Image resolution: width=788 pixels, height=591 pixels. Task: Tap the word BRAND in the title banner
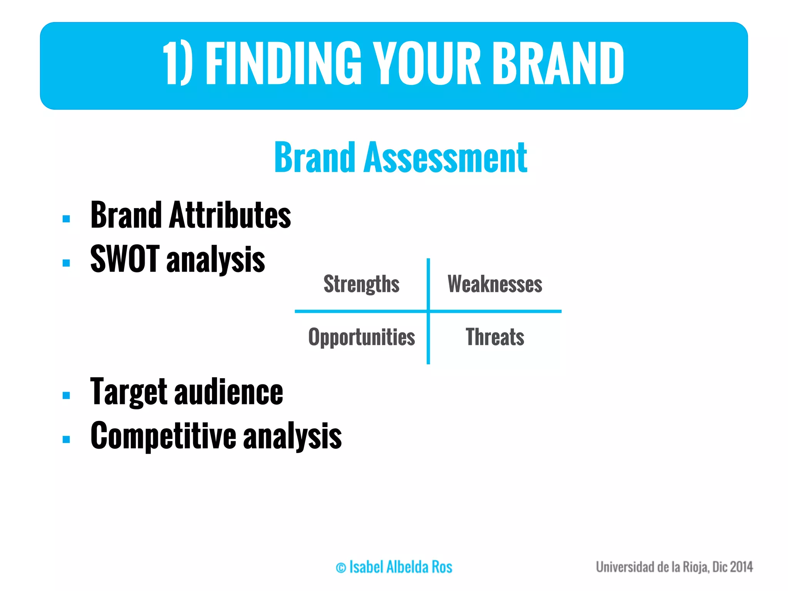558,63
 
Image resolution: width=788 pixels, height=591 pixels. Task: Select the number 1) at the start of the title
177,63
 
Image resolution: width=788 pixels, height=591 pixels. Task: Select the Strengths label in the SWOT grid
361,284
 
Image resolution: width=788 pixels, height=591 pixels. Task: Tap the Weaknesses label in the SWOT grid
495,284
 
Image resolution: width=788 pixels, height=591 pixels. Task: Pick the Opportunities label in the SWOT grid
361,337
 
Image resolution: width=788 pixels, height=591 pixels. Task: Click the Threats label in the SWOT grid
495,337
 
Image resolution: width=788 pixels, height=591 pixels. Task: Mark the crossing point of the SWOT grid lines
428,311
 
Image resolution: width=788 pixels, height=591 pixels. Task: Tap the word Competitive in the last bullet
163,436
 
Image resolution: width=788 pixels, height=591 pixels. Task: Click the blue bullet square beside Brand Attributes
66,219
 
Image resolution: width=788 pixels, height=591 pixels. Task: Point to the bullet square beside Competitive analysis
66,439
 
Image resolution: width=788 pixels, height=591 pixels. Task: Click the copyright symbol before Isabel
341,568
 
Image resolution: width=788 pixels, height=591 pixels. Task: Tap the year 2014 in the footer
741,567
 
